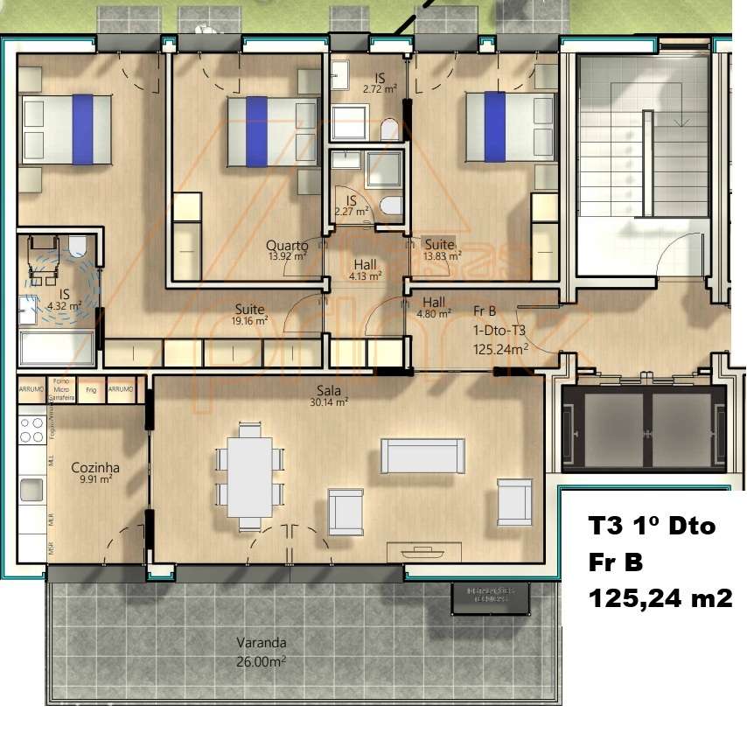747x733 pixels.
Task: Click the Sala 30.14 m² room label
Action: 329,396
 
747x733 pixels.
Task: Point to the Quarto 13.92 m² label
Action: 287,251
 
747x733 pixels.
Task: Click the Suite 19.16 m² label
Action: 250,314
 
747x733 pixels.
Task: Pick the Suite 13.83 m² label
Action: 439,250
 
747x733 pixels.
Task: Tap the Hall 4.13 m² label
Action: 366,269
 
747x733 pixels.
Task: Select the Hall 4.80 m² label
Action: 434,307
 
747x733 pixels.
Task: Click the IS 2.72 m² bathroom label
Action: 380,83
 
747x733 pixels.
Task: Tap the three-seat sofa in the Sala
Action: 422,456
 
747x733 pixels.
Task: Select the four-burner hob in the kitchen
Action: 32,429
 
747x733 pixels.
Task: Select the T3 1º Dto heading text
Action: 652,527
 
